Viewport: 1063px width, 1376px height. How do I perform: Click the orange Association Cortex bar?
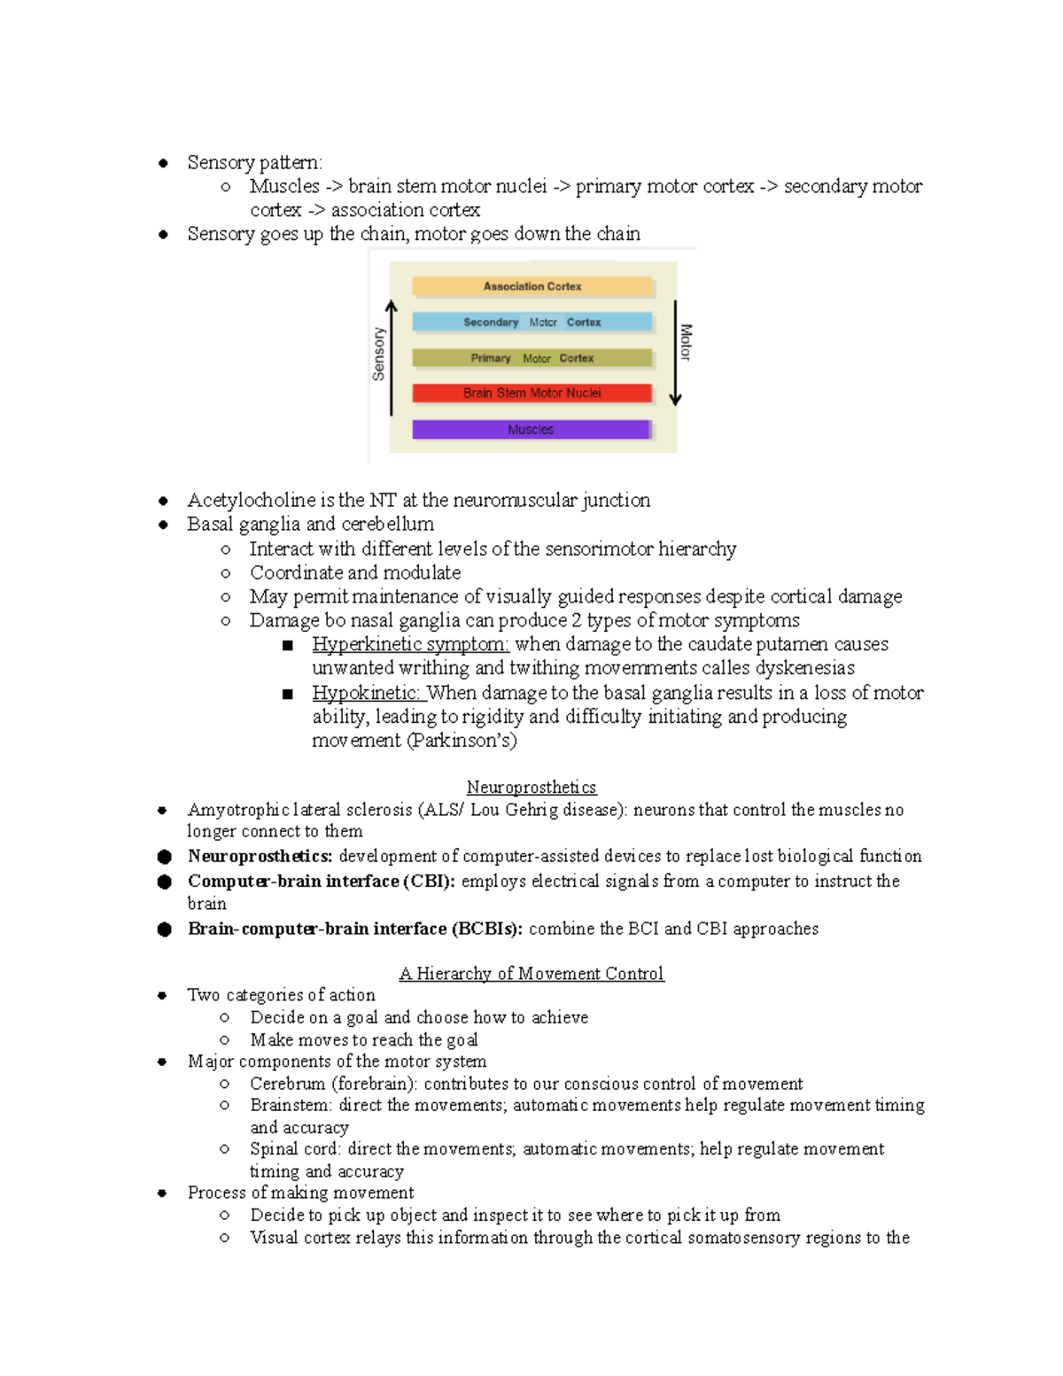[532, 286]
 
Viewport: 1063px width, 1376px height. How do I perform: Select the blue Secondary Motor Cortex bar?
[532, 322]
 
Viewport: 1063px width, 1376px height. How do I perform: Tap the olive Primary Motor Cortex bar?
[532, 358]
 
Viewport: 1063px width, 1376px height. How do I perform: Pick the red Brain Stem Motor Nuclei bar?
[532, 393]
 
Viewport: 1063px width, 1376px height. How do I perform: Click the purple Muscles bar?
[531, 430]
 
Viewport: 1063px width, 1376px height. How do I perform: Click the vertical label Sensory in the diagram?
[379, 354]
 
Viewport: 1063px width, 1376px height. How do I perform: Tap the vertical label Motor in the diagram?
[687, 342]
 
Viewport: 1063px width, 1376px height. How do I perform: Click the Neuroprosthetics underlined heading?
[531, 787]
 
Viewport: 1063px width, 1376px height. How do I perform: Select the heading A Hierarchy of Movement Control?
[531, 974]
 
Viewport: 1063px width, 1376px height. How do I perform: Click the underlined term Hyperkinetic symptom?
[410, 644]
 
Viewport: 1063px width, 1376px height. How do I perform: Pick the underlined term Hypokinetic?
[368, 693]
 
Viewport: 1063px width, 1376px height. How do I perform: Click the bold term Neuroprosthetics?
[260, 856]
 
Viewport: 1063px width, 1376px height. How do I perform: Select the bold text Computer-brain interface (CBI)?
[322, 881]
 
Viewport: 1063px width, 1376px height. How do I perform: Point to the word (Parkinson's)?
[462, 741]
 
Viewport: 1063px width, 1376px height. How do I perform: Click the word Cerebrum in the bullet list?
[288, 1084]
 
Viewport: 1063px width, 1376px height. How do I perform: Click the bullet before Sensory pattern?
[163, 163]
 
